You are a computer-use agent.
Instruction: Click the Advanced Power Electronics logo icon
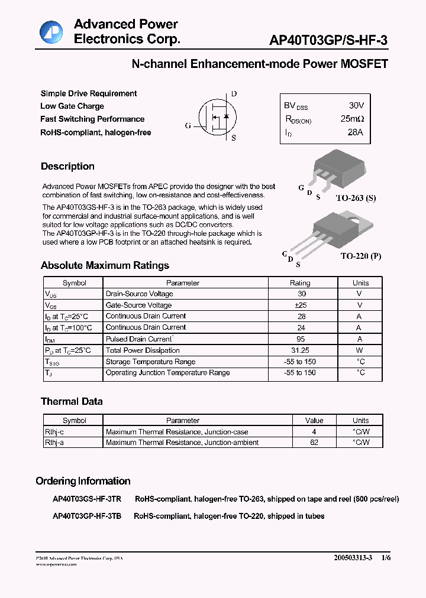[x=51, y=32]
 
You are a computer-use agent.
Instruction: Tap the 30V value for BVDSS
[x=356, y=105]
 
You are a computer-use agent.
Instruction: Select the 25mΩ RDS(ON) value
[x=353, y=119]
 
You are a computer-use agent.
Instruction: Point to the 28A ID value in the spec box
[x=355, y=132]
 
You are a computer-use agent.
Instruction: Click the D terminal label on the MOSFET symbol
[x=234, y=94]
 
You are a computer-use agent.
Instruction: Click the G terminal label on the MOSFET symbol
[x=188, y=125]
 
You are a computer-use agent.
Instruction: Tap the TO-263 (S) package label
[x=356, y=198]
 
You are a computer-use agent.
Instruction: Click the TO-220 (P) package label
[x=360, y=256]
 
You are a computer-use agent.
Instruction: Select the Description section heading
[x=67, y=167]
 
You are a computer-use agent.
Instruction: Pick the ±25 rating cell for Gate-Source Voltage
[x=302, y=305]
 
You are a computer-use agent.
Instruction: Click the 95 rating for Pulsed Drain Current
[x=302, y=339]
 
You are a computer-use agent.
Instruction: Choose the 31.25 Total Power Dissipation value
[x=302, y=350]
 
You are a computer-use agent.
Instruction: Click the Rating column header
[x=300, y=283]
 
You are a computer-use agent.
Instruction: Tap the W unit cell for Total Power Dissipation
[x=359, y=350]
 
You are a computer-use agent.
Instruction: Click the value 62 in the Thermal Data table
[x=314, y=443]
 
